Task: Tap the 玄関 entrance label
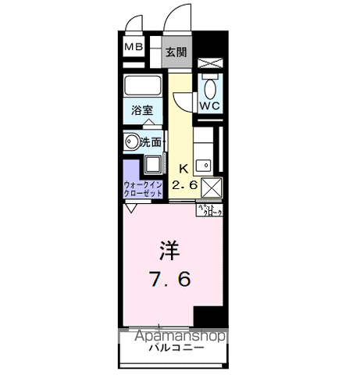176,53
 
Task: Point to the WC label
209,104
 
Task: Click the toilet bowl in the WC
209,83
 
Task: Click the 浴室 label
141,112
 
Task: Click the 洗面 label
151,142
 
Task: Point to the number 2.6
186,185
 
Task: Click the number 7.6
170,279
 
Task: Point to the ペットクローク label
209,209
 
